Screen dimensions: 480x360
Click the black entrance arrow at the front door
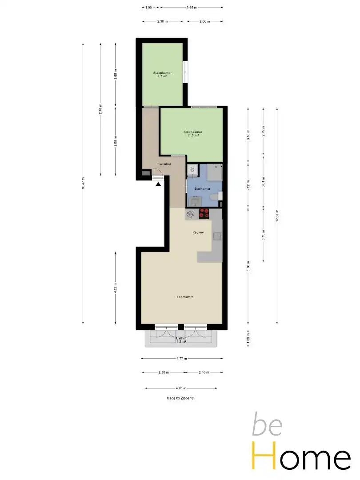click(158, 184)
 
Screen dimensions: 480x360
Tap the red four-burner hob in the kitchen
click(204, 214)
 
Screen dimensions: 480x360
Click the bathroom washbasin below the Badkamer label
click(194, 201)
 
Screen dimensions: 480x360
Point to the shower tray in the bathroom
click(213, 172)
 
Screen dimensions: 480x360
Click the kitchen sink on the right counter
click(217, 236)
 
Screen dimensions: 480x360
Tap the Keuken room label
click(198, 233)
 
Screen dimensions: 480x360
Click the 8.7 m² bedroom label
click(162, 74)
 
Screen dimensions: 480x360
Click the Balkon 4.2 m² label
click(181, 340)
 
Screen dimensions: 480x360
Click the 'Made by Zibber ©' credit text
click(180, 398)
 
